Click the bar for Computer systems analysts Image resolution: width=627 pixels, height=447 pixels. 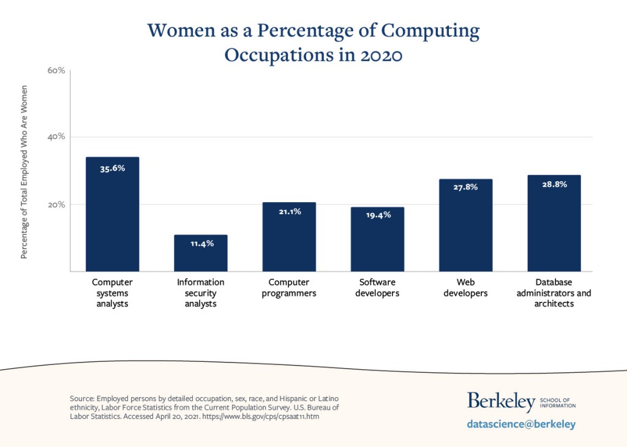112,220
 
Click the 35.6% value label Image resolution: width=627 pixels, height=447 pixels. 112,168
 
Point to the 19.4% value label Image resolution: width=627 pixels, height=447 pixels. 377,216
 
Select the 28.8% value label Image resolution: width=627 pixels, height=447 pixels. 554,184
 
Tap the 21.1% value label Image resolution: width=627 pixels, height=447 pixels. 289,212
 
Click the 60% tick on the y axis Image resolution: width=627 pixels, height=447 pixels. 56,71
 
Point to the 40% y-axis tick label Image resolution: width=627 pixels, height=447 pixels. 56,137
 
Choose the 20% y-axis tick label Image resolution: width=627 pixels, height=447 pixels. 56,205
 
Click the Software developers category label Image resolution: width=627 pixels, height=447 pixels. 377,288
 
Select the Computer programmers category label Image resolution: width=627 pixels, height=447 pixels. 289,288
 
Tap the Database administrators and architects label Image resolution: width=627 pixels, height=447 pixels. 554,293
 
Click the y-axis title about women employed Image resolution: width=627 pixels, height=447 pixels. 24,171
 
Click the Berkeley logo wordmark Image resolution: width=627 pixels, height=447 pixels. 501,402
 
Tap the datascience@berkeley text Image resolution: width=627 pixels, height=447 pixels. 521,424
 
